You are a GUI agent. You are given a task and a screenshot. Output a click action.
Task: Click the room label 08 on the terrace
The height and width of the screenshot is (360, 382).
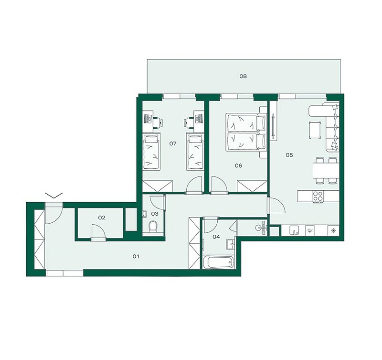point(243,76)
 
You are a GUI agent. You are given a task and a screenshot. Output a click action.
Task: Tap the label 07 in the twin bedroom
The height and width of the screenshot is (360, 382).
point(173,143)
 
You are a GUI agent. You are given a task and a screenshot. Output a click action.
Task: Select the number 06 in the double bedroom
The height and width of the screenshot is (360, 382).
point(238,166)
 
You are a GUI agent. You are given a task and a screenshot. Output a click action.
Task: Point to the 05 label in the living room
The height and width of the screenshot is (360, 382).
point(289,155)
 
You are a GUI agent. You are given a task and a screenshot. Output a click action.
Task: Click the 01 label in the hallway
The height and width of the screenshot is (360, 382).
point(136,256)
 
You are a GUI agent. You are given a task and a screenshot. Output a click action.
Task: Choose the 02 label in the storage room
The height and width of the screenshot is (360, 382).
point(102,218)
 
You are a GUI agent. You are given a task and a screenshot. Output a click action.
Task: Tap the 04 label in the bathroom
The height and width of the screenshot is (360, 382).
point(216,237)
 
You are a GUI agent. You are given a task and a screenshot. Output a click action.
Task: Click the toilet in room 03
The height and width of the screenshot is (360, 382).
point(153,226)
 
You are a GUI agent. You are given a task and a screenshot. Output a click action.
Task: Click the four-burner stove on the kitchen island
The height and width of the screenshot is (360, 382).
point(318,196)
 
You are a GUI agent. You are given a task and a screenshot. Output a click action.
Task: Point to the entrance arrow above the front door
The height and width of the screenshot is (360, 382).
point(54,195)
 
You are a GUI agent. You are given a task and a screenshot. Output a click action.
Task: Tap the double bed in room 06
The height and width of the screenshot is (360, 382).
point(245,132)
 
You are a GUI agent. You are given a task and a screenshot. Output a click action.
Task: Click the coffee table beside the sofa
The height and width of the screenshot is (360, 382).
point(315,130)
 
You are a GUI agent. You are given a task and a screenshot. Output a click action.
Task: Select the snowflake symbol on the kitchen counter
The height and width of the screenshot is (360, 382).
point(332,230)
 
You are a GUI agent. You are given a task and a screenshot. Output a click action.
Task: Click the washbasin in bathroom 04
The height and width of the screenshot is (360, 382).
point(230,244)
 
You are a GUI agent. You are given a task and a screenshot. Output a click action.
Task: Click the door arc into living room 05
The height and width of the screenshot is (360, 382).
point(276,206)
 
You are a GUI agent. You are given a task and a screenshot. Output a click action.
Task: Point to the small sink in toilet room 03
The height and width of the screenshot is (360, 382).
point(144,214)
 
